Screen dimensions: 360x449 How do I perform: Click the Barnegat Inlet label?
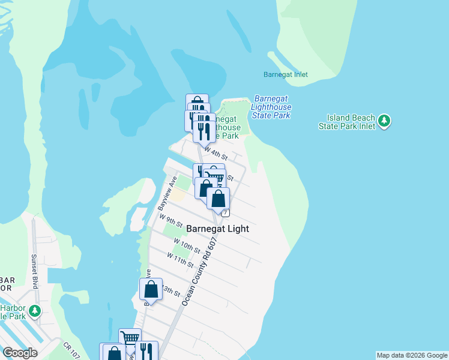pos(285,75)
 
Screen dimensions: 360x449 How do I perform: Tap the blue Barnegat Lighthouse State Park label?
pos(272,107)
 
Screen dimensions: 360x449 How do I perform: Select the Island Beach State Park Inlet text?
pos(351,122)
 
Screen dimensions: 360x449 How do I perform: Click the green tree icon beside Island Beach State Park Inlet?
pos(385,122)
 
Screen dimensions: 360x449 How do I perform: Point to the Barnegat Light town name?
pos(217,229)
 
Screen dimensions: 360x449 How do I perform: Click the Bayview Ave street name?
pos(166,193)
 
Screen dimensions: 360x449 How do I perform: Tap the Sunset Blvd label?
pos(34,271)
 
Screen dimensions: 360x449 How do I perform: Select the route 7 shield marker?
pos(225,213)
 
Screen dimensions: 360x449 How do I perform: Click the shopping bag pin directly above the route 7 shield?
pos(218,199)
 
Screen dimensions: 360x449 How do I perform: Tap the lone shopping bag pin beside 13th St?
pos(151,289)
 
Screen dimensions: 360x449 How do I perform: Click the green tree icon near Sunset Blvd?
pos(35,310)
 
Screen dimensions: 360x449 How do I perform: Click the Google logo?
pos(20,353)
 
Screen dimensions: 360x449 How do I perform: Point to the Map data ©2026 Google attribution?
pos(412,355)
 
